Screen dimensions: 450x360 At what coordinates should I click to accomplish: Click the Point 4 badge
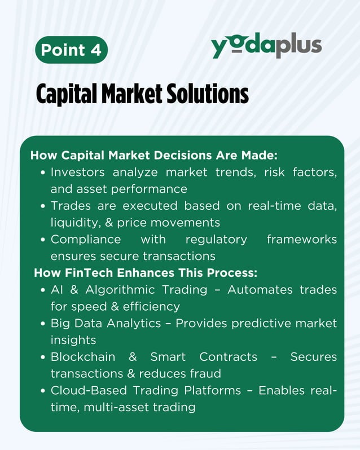point(71,50)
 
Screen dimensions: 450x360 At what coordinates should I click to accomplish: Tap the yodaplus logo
point(266,47)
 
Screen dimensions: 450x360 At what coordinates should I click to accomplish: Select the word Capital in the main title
point(65,94)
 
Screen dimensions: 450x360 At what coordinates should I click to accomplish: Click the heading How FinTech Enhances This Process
point(146,273)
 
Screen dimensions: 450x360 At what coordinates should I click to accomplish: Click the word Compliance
point(85,239)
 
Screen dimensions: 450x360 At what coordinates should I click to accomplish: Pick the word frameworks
point(301,239)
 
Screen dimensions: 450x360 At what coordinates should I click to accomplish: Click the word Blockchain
point(83,357)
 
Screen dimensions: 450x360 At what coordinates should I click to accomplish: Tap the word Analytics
point(141,323)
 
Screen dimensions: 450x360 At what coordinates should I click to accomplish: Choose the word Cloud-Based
point(89,390)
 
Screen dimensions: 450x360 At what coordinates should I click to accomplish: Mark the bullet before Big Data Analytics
point(43,324)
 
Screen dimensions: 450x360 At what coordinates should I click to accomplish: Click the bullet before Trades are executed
point(43,206)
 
